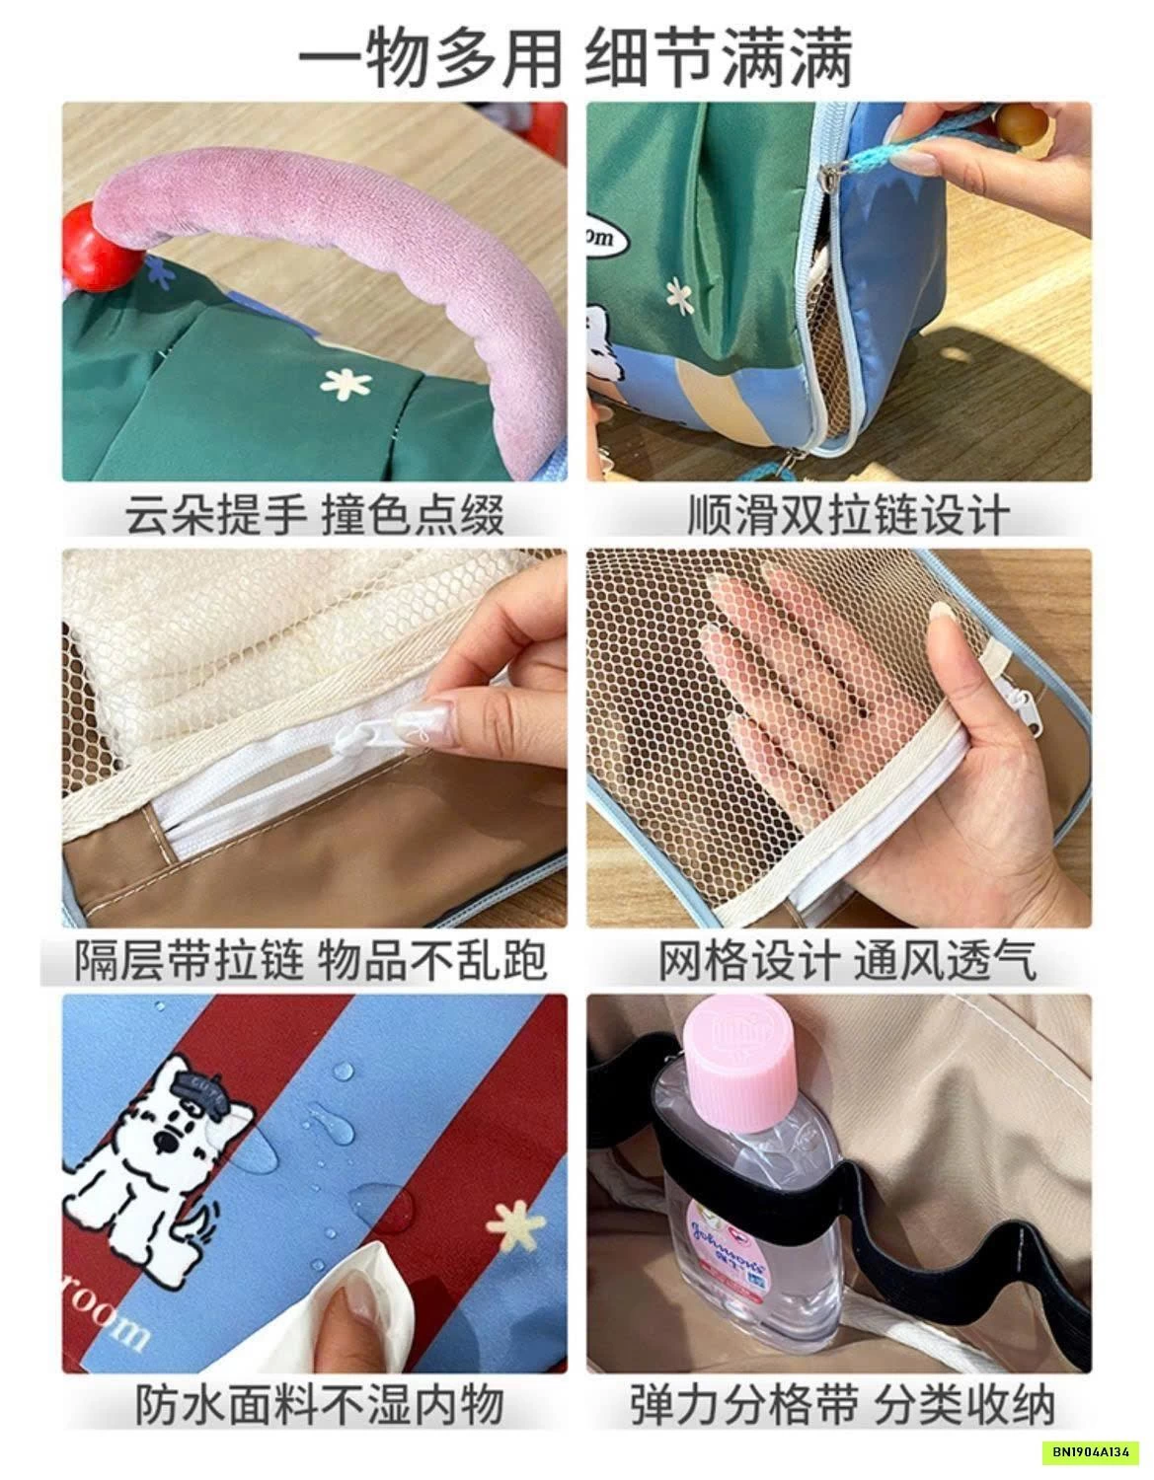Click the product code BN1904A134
pos(1096,1450)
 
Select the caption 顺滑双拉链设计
pos(848,515)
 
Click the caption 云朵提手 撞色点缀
pos(315,515)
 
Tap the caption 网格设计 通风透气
pos(848,960)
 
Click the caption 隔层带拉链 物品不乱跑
pos(311,960)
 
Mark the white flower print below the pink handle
pos(346,384)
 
